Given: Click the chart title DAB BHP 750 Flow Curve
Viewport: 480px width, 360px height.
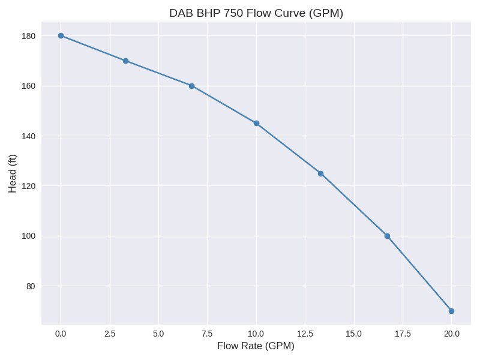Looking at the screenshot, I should [256, 13].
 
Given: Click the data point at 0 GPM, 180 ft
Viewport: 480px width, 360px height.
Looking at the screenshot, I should [61, 35].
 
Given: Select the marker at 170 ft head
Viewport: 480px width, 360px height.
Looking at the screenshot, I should [125, 61].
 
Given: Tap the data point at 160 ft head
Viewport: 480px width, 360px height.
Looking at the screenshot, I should [191, 86].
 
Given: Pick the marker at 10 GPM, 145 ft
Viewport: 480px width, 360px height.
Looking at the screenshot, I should [256, 123].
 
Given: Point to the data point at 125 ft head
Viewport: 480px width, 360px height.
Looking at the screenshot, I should [320, 173].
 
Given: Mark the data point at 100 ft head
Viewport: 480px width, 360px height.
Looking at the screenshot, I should [387, 236].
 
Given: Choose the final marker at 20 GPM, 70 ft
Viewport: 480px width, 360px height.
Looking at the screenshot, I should [451, 311].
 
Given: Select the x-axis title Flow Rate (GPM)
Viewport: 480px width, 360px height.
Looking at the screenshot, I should [256, 346].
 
